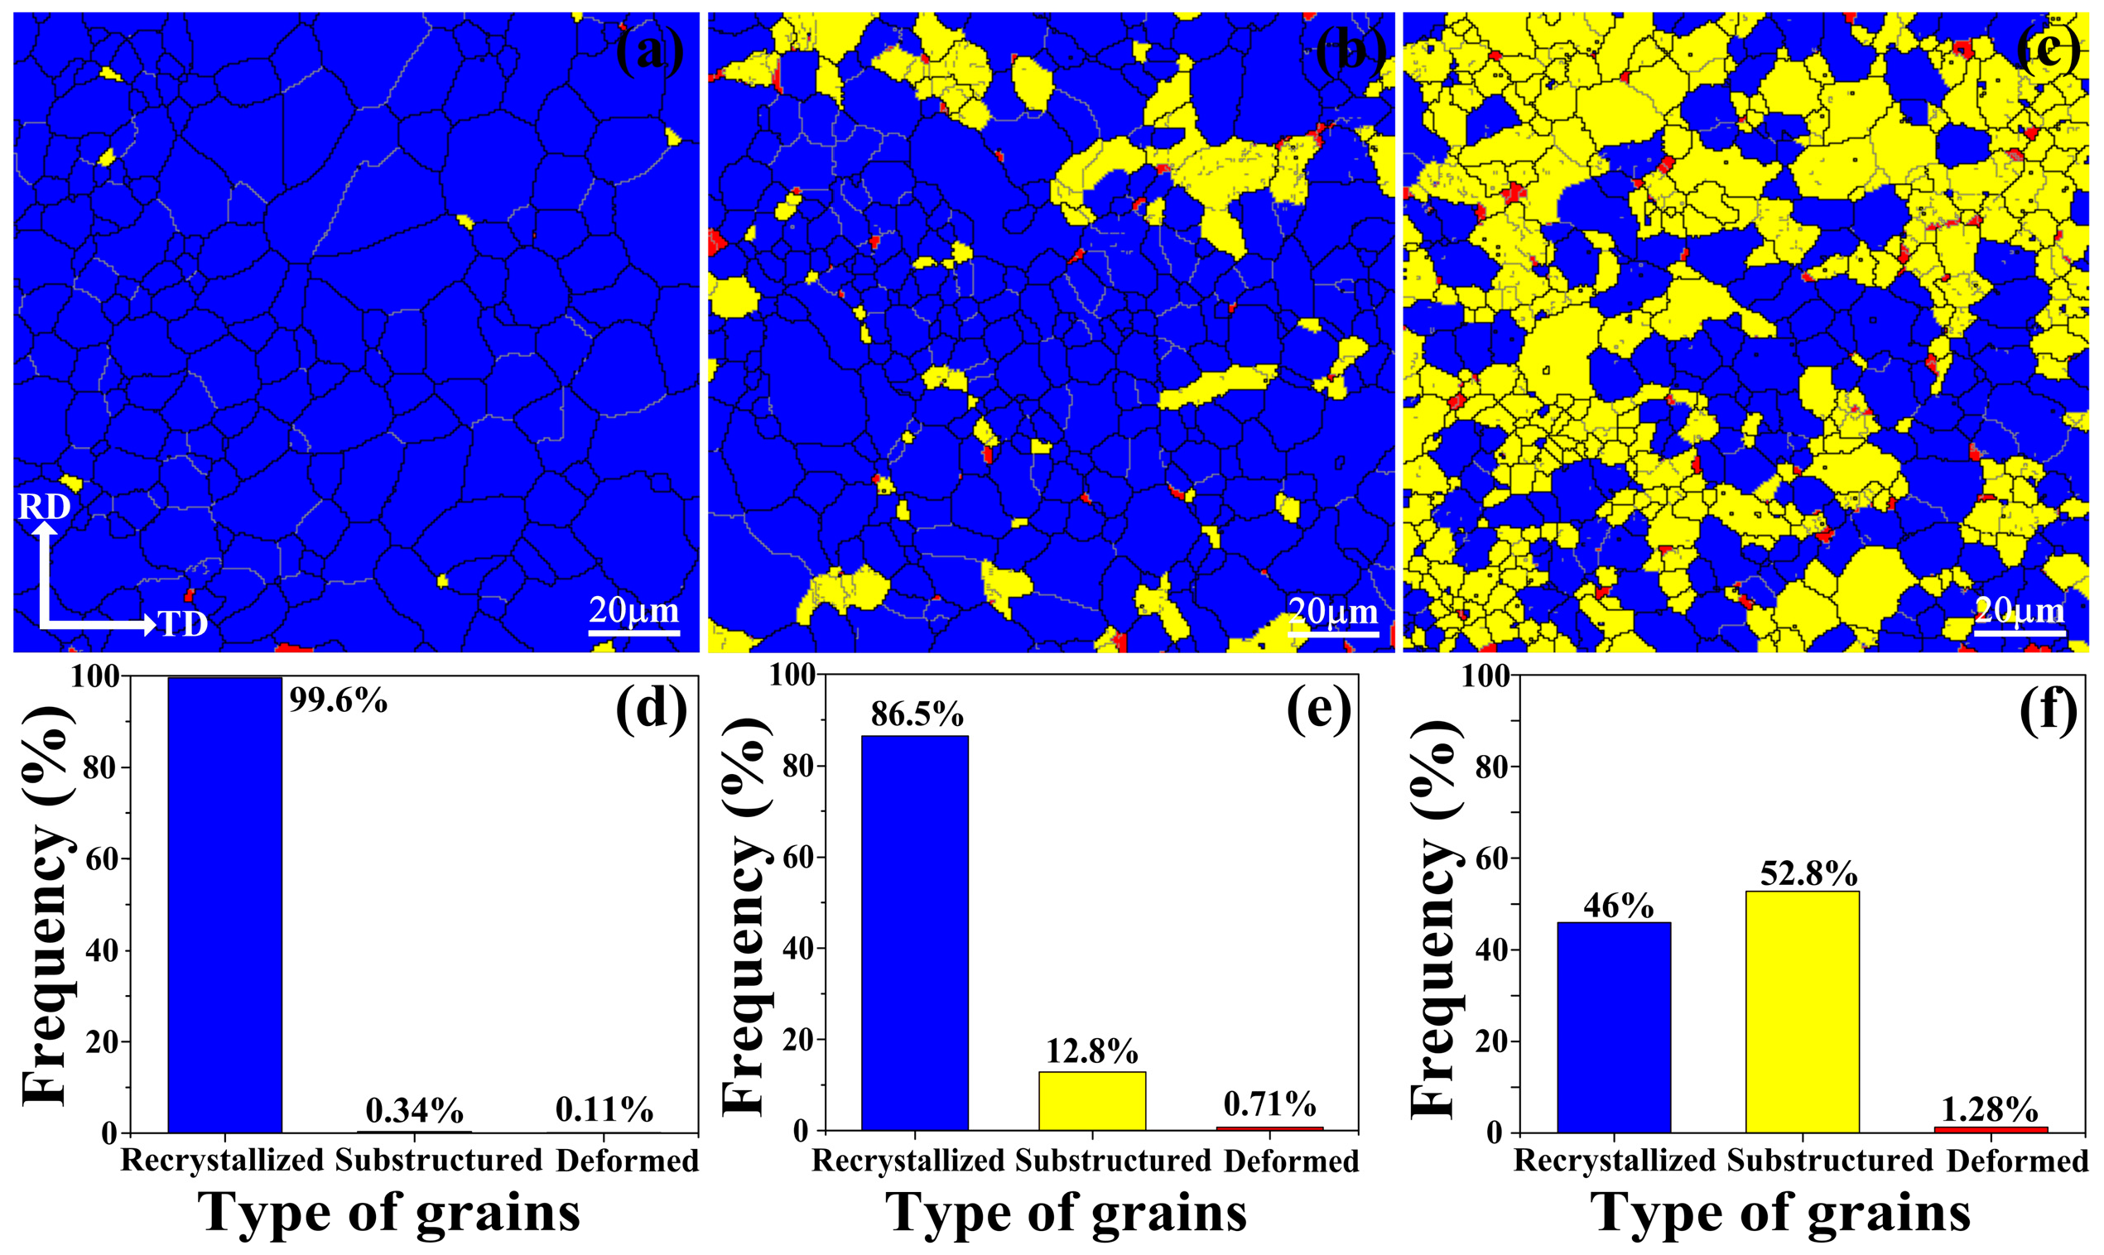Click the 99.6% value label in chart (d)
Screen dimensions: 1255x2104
click(339, 701)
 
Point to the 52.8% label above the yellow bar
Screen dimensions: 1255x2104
click(1808, 873)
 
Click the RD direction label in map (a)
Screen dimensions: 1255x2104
click(44, 507)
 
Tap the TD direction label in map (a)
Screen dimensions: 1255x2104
click(184, 625)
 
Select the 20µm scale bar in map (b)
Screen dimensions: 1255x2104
click(1334, 632)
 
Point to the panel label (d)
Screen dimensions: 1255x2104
click(651, 707)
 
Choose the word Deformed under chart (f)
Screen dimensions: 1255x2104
click(2017, 1161)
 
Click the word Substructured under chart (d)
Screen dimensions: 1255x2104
click(438, 1161)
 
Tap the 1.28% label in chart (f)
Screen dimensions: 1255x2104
click(1989, 1109)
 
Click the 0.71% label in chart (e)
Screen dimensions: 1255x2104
click(1269, 1104)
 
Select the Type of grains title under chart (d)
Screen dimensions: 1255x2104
click(389, 1214)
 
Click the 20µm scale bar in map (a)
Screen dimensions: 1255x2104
click(633, 632)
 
